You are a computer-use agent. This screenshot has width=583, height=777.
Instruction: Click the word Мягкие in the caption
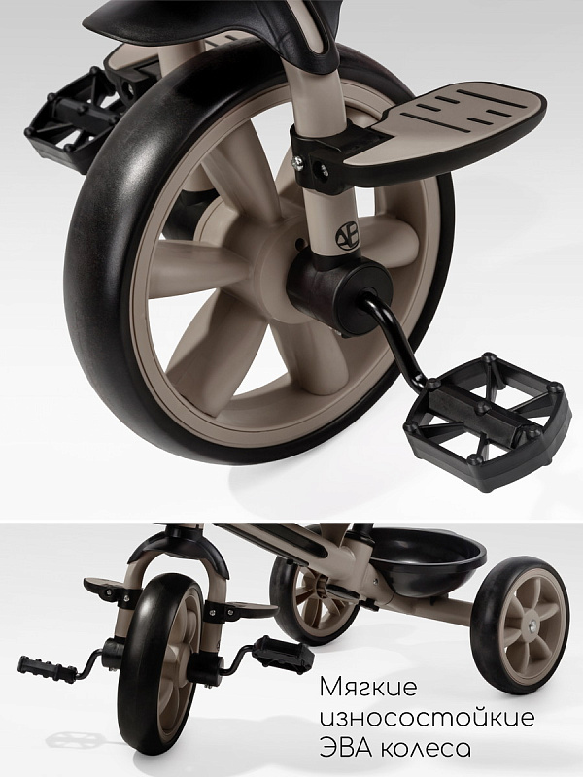(x=368, y=687)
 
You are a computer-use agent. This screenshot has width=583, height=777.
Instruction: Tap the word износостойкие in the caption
(x=427, y=717)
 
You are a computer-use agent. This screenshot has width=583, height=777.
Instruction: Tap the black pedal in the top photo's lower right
(x=484, y=422)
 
